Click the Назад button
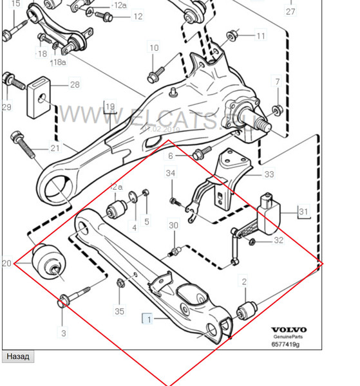(17, 356)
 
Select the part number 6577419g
(285, 344)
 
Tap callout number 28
(75, 85)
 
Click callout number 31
(303, 211)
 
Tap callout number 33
(269, 174)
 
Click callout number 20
(7, 263)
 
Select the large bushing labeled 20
(49, 262)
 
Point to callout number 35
(119, 311)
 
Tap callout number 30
(173, 225)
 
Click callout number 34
(170, 173)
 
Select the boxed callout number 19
(110, 107)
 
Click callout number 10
(154, 48)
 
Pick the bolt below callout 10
(154, 75)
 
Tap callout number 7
(278, 82)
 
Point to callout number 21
(55, 149)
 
